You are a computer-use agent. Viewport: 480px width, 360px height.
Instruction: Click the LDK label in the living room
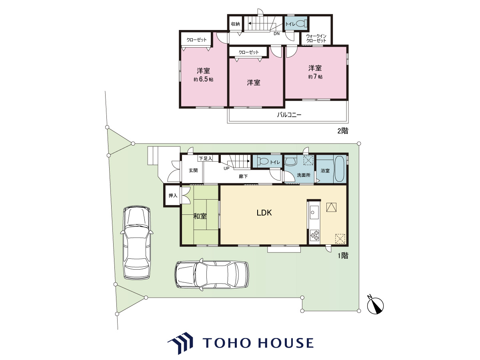click(264, 213)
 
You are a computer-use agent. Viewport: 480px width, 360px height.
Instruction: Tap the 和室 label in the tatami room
click(200, 216)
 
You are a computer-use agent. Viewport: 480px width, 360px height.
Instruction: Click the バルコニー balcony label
click(289, 115)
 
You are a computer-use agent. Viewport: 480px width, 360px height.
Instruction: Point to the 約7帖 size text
click(315, 77)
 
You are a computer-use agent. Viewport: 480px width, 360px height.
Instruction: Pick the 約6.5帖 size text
click(203, 79)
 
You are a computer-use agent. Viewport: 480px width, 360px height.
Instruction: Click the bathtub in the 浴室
click(339, 168)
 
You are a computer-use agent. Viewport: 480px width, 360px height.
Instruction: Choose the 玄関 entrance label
click(193, 170)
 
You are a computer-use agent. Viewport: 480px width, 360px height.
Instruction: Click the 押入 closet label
click(173, 196)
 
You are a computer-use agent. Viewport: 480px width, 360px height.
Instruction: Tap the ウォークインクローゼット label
click(316, 38)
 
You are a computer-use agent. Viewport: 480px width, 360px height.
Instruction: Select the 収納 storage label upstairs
click(235, 24)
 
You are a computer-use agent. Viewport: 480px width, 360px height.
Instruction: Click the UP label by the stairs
click(226, 168)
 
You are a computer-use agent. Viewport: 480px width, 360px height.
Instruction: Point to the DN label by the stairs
click(277, 34)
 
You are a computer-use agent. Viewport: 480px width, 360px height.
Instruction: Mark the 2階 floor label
click(343, 131)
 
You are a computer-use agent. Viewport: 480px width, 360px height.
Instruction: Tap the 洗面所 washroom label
click(304, 175)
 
